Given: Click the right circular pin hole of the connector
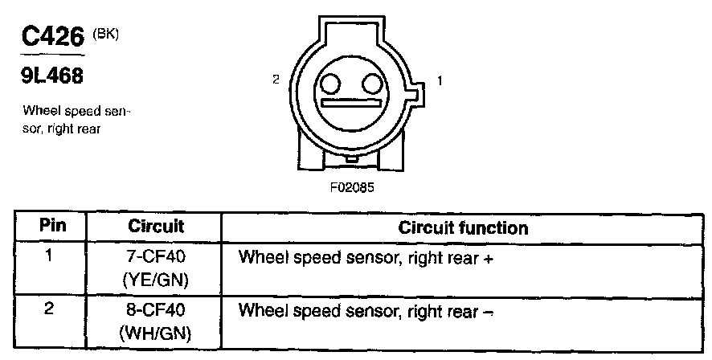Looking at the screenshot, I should coord(370,84).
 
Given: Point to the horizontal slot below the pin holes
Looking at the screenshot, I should coord(350,104).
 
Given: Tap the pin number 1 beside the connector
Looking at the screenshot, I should coord(440,80).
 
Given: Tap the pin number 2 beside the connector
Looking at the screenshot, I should coord(276,80).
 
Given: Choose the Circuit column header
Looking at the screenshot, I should coord(156,227).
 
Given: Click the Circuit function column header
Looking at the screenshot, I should coord(463,227).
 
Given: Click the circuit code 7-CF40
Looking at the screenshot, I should coord(157,259).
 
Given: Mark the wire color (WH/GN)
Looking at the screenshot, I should coord(157,330).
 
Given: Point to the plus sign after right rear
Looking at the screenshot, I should coord(488,260).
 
